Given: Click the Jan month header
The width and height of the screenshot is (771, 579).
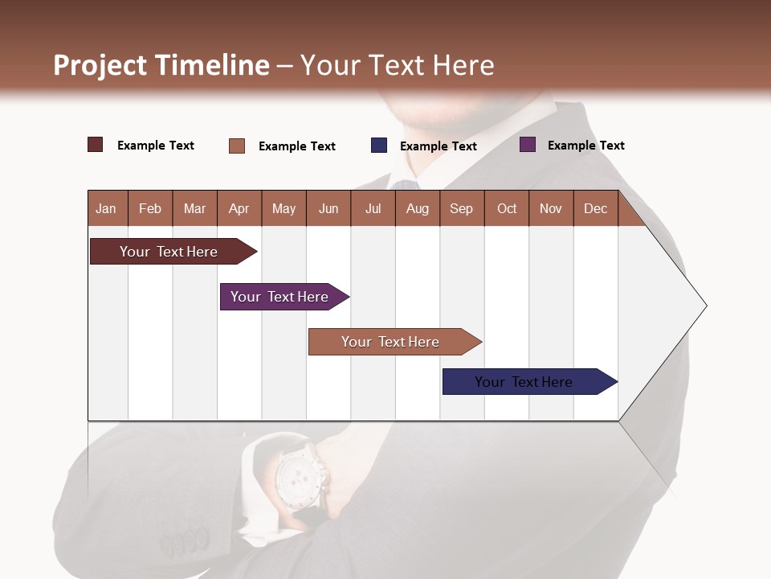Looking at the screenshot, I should (x=106, y=208).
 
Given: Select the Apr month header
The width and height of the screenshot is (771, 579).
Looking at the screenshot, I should (x=239, y=208).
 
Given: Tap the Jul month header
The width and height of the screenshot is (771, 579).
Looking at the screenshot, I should (x=373, y=208).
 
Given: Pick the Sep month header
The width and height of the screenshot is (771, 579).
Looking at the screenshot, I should (x=461, y=208).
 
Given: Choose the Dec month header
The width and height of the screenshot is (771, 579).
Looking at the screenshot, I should (x=595, y=208).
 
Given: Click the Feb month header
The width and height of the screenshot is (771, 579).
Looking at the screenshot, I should (x=150, y=208).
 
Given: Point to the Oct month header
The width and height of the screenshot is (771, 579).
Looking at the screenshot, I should (x=507, y=208).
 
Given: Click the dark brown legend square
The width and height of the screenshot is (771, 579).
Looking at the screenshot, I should (x=96, y=145).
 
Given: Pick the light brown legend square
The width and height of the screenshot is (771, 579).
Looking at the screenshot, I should (x=237, y=146).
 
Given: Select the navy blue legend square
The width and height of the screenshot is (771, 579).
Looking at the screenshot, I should (x=379, y=146).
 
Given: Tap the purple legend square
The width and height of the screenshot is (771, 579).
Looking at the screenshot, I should (x=528, y=145).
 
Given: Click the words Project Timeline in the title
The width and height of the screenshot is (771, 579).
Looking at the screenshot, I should (x=161, y=65).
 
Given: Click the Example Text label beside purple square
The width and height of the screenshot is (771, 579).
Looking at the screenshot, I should (x=585, y=146).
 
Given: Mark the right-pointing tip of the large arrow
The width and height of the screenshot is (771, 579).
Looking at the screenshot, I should (x=704, y=306).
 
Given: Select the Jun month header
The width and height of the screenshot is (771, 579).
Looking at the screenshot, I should (x=328, y=208).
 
